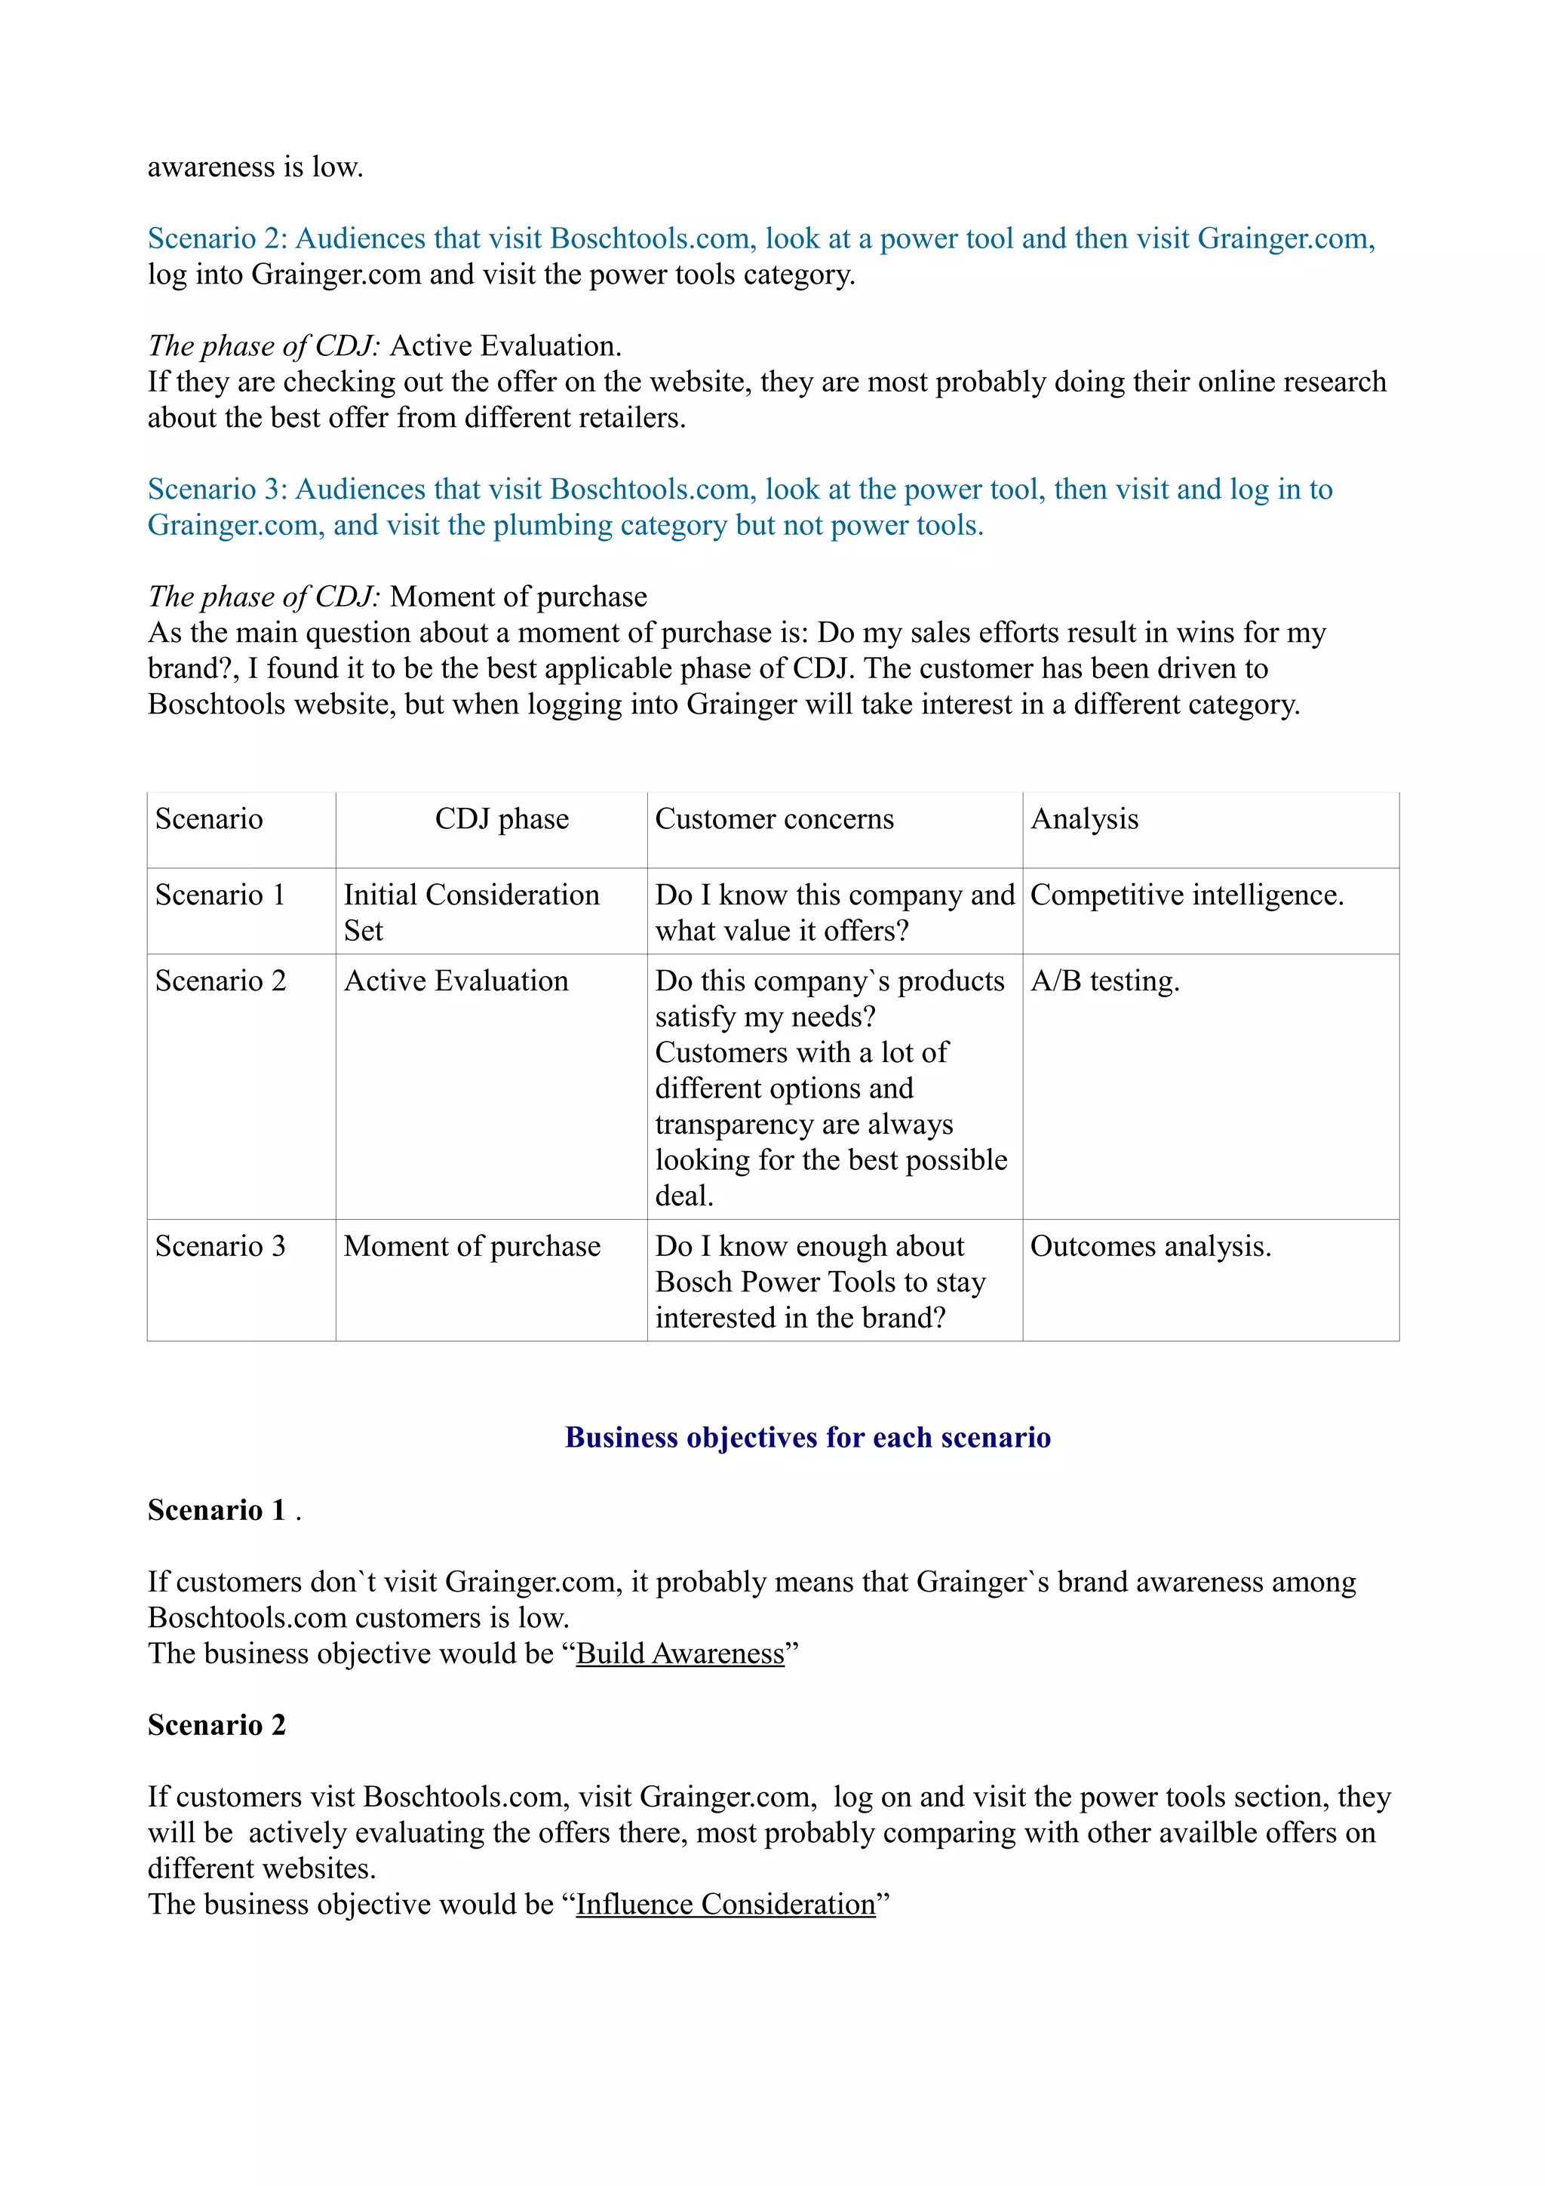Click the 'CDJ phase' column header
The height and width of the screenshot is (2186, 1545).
(502, 818)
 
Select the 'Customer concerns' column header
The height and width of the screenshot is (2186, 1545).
(774, 818)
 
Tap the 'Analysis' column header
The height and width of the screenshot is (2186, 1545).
(1084, 818)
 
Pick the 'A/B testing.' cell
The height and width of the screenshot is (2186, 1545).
(1104, 981)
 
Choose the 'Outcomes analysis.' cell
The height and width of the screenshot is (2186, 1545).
(1150, 1246)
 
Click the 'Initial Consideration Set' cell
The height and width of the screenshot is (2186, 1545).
(471, 912)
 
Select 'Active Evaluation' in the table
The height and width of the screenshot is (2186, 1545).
(456, 981)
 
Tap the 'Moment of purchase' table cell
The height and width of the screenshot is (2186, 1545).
(472, 1246)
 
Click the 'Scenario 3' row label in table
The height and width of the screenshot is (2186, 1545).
(220, 1246)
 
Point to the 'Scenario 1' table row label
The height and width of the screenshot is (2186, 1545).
(220, 895)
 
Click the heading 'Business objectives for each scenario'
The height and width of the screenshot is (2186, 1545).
(807, 1437)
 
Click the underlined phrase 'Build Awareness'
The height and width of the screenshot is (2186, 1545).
(680, 1653)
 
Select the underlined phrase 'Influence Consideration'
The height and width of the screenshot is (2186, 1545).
(726, 1904)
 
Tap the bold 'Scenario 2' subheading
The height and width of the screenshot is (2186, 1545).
(216, 1725)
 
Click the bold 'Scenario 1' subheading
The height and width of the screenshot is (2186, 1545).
(216, 1510)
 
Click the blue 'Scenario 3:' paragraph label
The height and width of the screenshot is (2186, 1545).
(217, 490)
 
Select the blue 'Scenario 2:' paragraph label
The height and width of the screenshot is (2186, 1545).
(217, 239)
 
